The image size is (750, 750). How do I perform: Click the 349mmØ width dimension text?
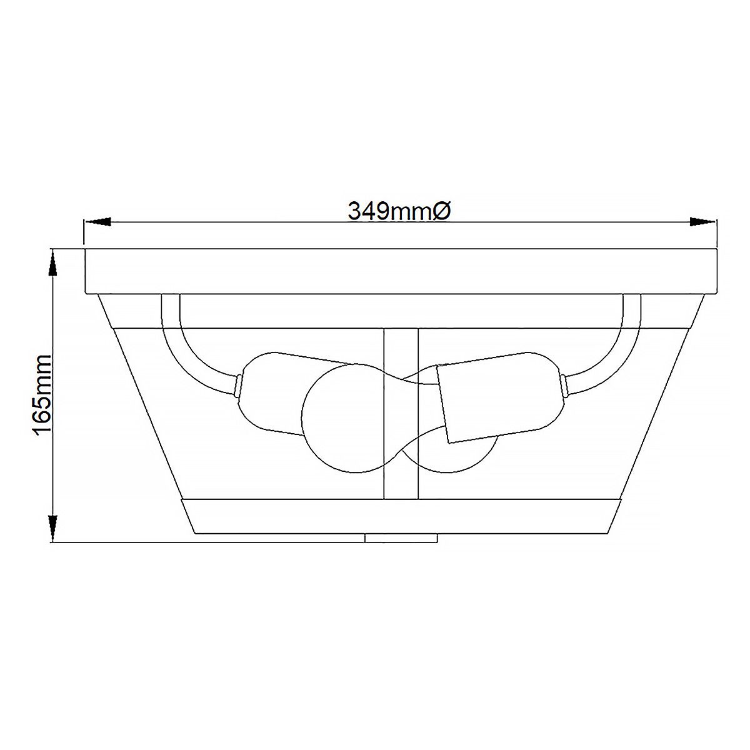[399, 211]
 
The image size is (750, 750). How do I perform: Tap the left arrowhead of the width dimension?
[97, 221]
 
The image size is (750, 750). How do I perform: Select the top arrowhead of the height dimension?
[54, 262]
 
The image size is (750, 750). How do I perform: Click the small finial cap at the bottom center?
[401, 537]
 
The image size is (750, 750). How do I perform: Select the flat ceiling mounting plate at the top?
[400, 270]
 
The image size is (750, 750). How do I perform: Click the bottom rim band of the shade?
[400, 516]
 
